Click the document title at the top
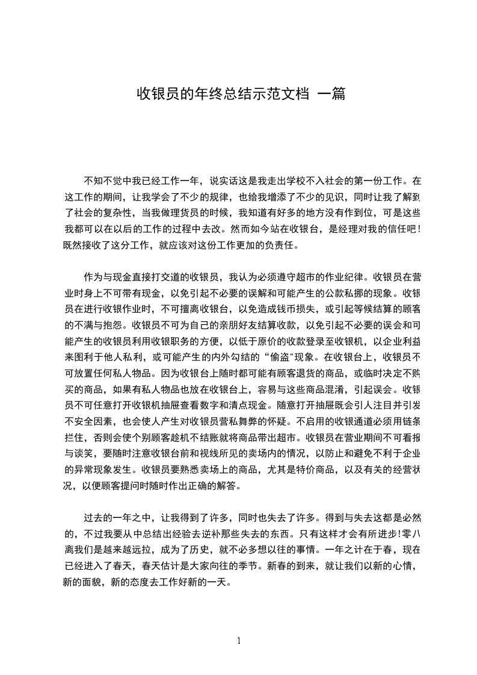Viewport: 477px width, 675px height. pyautogui.click(x=241, y=94)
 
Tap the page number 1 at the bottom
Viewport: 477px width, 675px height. pyautogui.click(x=239, y=640)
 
